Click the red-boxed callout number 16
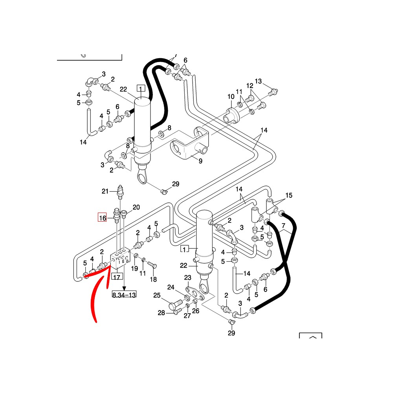[x=103, y=217]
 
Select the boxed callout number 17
[x=117, y=277]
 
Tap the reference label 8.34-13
[x=124, y=294]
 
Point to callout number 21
[x=105, y=191]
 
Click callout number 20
[x=136, y=208]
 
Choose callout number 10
[x=231, y=97]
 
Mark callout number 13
[x=258, y=81]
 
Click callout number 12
[x=250, y=86]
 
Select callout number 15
[x=289, y=195]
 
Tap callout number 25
[x=157, y=296]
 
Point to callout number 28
[x=161, y=313]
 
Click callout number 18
[x=153, y=279]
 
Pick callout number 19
[x=134, y=269]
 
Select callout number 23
[x=188, y=278]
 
